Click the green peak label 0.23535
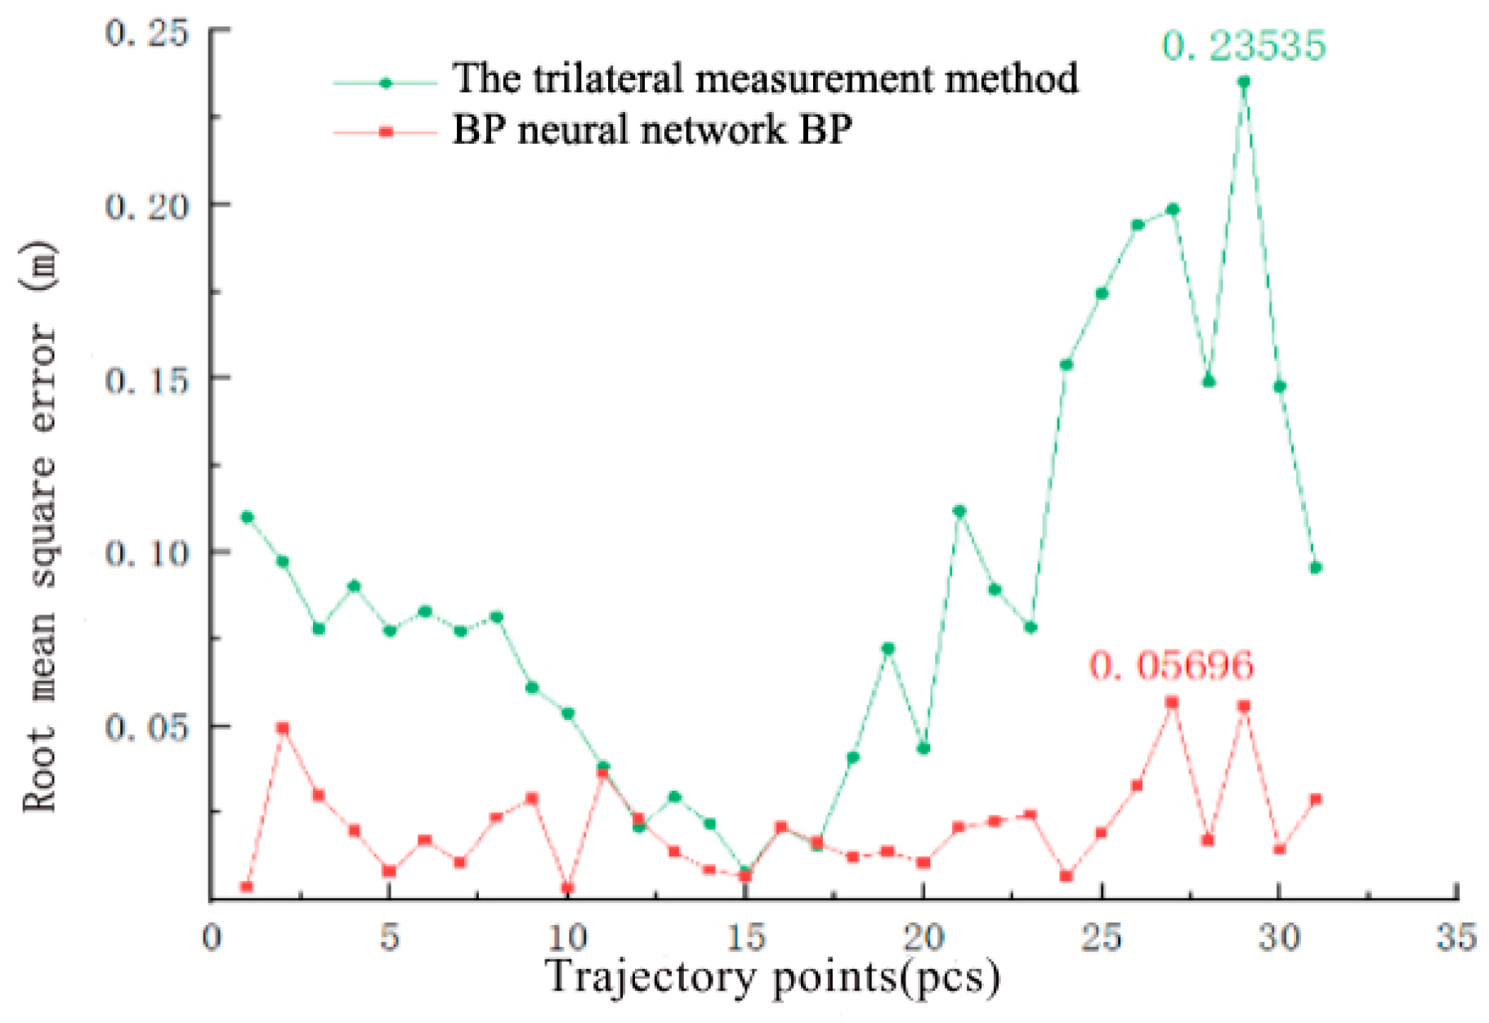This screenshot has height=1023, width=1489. (x=1243, y=45)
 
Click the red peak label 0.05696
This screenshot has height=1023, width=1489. (x=1170, y=665)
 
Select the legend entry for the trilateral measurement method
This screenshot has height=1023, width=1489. (x=764, y=79)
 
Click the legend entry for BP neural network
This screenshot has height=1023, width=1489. (x=651, y=129)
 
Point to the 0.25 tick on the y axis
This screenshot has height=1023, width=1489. (x=135, y=33)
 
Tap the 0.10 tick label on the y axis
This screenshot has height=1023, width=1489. (x=135, y=553)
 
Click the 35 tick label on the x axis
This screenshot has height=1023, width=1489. (x=1455, y=937)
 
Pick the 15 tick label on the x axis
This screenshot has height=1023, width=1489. (x=745, y=937)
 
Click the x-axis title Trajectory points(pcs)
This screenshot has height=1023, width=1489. (x=772, y=977)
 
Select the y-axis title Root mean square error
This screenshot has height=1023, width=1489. (x=39, y=527)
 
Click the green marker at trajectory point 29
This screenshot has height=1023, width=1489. (x=1244, y=82)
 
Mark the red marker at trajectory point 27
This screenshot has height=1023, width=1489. (x=1172, y=702)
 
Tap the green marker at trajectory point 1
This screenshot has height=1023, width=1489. (x=247, y=517)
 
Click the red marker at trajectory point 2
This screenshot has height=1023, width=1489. (x=283, y=727)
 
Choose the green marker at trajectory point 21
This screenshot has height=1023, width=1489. (x=959, y=511)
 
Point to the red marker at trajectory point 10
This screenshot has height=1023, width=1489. (x=567, y=888)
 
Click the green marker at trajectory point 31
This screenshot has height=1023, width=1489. (x=1316, y=568)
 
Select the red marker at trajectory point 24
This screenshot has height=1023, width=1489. (x=1066, y=876)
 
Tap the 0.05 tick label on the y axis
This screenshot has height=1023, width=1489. (x=135, y=727)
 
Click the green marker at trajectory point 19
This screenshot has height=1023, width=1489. (x=888, y=649)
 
